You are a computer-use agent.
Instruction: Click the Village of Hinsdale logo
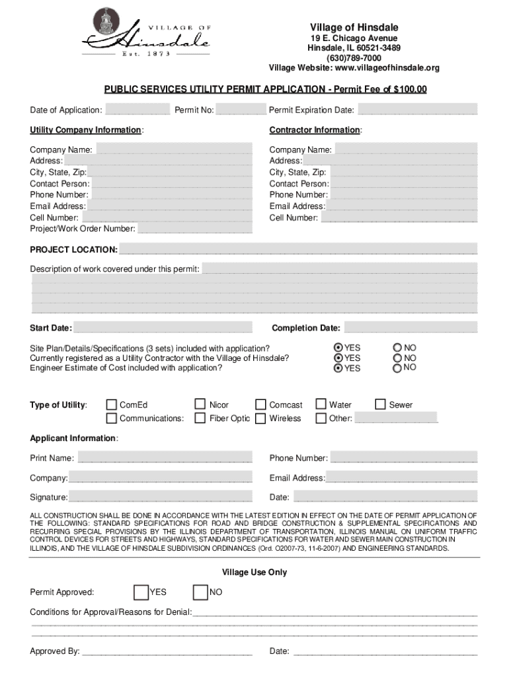pos(145,33)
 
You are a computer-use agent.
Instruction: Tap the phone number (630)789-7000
pos(354,58)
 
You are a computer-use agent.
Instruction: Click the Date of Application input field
pos(137,110)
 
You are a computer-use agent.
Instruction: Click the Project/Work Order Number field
pos(194,229)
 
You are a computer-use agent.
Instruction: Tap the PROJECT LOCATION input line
pos(297,249)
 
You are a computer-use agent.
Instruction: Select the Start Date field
pos(163,328)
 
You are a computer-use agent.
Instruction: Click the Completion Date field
pos(410,328)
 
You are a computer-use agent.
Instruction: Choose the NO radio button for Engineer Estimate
pos(397,368)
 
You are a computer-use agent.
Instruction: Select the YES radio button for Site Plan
pos(338,348)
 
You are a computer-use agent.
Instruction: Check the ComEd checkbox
pos(112,405)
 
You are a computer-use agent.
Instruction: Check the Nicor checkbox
pos(200,405)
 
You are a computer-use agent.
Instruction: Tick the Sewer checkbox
pos(381,405)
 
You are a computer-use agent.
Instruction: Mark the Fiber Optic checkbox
pos(200,418)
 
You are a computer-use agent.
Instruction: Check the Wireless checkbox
pos(260,418)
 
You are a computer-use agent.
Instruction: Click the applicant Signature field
pos(160,497)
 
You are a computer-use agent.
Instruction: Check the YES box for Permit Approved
pos(141,592)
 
